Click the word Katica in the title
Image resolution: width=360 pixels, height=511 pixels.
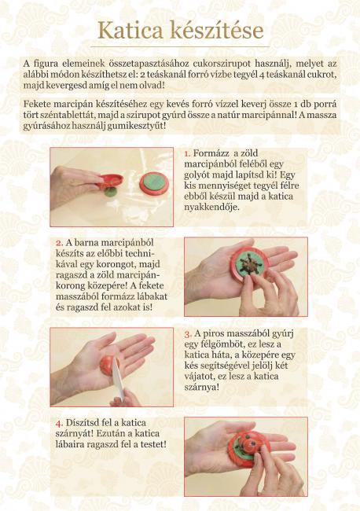point(130,31)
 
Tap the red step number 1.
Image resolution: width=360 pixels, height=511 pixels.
point(187,153)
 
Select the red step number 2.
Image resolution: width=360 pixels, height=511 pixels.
point(59,243)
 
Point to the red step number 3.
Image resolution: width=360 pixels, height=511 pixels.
point(188,334)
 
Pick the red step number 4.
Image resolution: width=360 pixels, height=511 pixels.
point(59,423)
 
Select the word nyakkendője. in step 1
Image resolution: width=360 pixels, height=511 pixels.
point(211,208)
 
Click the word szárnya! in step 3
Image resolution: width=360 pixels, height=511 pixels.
point(202,388)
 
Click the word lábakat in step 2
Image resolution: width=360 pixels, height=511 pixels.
point(151,296)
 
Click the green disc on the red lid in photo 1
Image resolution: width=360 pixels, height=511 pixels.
point(154,182)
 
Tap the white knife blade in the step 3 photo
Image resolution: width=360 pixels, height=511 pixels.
point(118,378)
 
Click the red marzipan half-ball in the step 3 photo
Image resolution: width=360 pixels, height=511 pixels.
point(108,366)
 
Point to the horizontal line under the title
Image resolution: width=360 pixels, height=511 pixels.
point(180,47)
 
